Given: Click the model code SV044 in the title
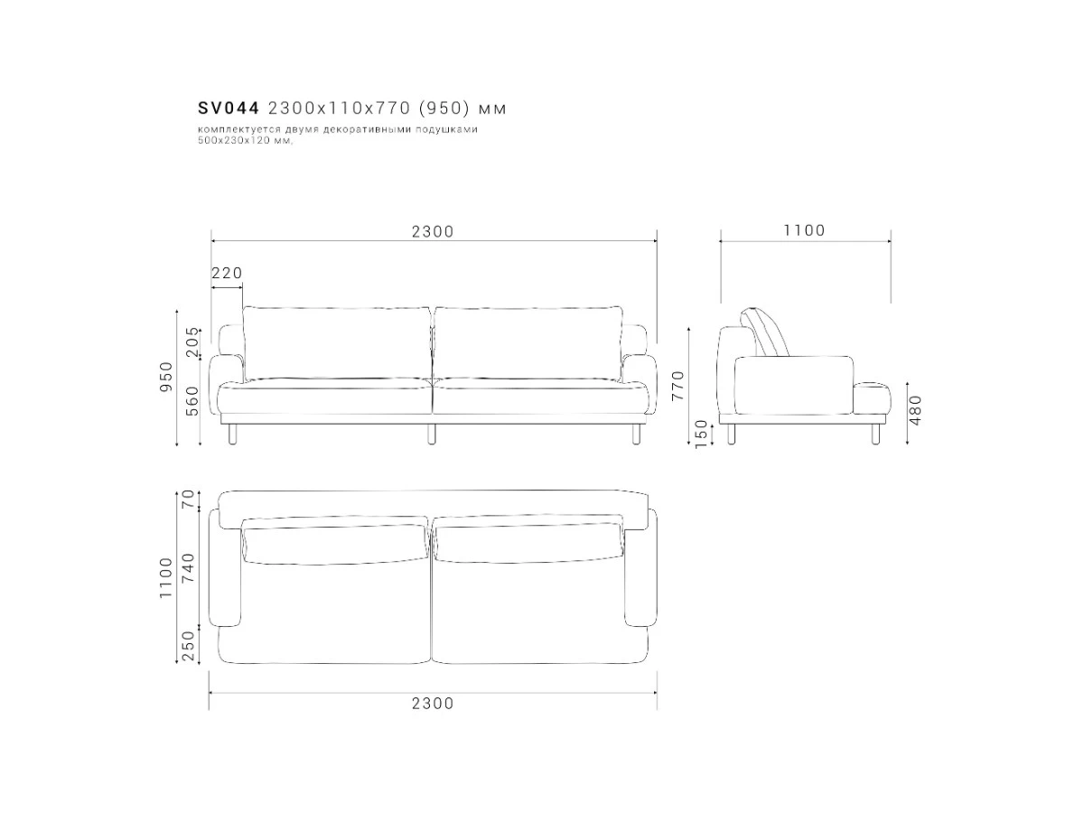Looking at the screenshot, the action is [229, 108].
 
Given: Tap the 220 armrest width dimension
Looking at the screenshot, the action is [227, 273].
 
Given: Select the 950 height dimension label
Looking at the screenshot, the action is [166, 377].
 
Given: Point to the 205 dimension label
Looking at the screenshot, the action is [192, 341].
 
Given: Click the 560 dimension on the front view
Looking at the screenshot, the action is [192, 401].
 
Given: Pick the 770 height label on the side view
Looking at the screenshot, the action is [678, 386].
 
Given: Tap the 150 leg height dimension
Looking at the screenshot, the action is [701, 434].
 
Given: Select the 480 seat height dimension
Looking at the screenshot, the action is [915, 410].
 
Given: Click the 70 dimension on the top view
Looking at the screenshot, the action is [189, 499].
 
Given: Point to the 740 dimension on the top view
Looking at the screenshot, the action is [189, 567].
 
